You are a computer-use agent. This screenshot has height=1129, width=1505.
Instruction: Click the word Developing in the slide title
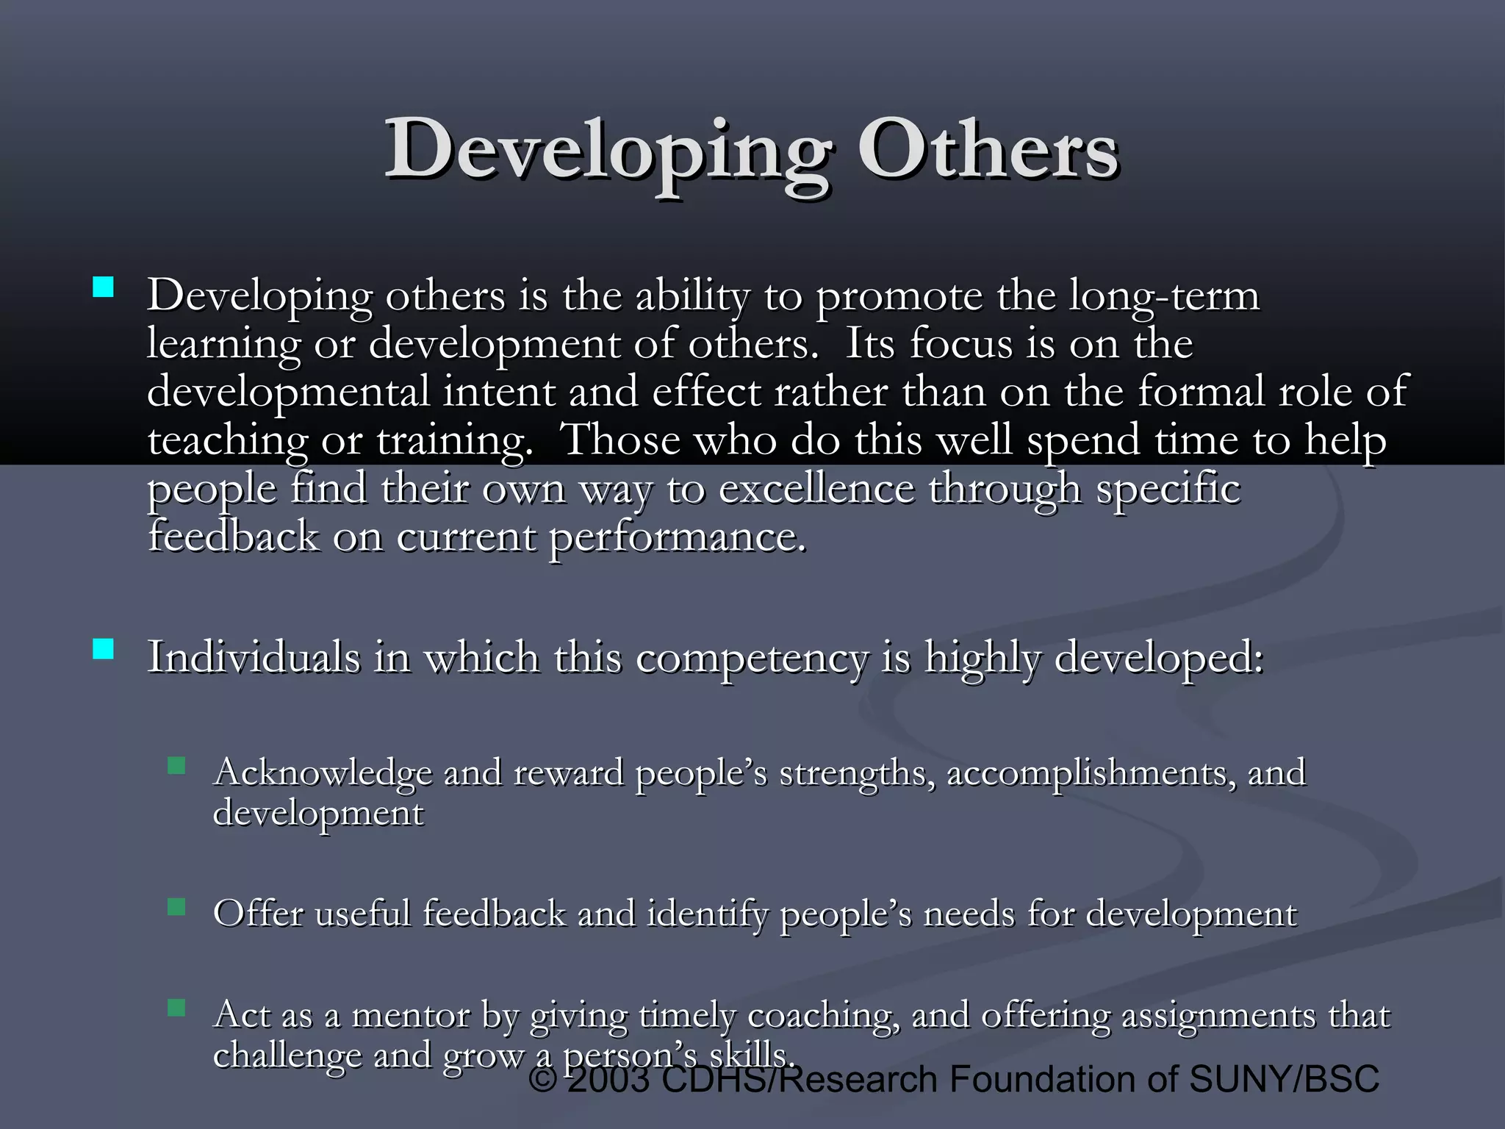click(607, 151)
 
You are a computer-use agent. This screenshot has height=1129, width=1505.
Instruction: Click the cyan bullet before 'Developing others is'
click(104, 287)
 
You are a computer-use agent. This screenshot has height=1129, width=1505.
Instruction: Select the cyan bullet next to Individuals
click(104, 649)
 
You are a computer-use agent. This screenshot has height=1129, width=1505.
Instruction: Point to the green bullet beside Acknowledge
click(176, 767)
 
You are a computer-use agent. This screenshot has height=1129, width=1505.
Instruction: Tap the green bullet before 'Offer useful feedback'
click(176, 907)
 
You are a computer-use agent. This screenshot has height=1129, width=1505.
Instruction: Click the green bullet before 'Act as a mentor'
click(176, 1007)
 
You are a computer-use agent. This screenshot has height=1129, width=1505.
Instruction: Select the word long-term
click(1164, 296)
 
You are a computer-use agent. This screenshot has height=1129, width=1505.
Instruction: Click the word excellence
click(816, 489)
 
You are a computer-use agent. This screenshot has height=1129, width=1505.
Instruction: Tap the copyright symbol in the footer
click(543, 1080)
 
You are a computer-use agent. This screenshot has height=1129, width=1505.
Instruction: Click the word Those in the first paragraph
click(620, 440)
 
